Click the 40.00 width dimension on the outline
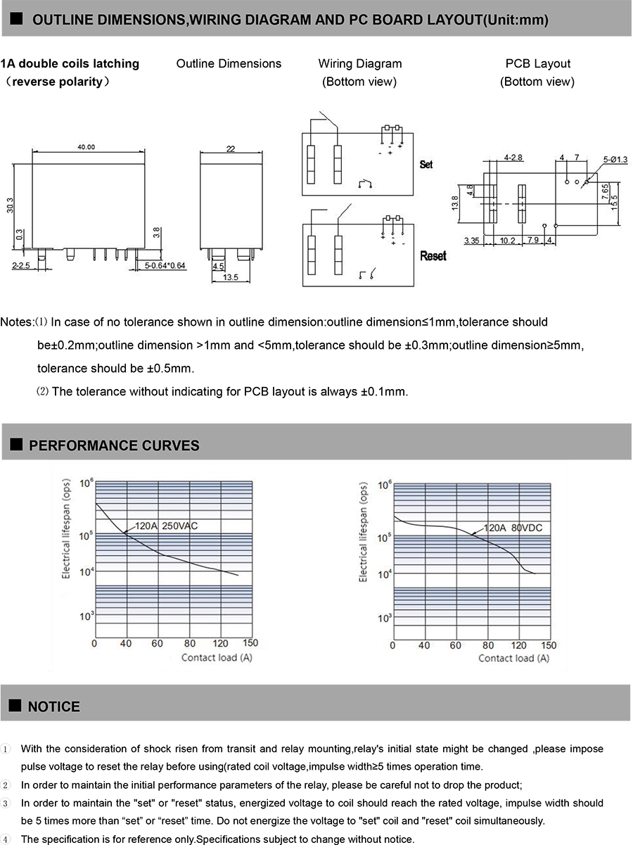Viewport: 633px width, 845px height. (x=87, y=147)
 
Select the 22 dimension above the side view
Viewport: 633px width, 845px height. (x=230, y=148)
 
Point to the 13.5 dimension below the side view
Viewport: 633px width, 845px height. (x=231, y=278)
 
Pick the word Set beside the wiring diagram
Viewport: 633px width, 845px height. (x=426, y=164)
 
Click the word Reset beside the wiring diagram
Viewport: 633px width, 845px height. (x=433, y=256)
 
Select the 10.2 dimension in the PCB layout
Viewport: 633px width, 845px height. (x=507, y=241)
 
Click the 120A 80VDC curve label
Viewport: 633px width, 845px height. (x=512, y=528)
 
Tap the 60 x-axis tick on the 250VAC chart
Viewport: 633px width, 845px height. (x=157, y=643)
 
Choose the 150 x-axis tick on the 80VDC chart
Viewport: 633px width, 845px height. (x=549, y=644)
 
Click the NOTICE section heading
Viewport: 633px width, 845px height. (x=54, y=706)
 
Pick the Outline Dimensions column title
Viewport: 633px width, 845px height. (x=229, y=64)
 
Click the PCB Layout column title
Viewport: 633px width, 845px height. (x=537, y=64)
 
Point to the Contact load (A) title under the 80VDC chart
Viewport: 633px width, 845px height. (x=513, y=658)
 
